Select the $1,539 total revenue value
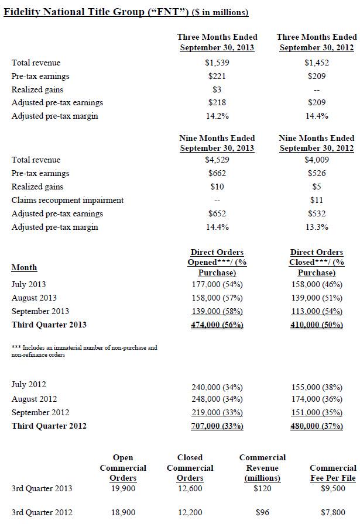217,63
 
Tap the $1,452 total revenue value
317,63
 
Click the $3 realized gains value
217,89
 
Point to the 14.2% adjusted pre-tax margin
217,116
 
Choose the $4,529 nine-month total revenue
217,160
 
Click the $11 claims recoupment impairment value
317,200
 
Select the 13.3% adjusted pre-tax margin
317,227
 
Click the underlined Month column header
24,267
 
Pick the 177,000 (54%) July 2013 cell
217,284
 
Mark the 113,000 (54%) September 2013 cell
317,311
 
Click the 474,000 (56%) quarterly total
217,325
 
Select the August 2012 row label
35,398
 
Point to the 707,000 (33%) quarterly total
217,426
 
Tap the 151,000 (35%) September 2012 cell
317,412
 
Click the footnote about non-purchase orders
84,351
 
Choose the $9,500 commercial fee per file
333,488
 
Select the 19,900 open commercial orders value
123,488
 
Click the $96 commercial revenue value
263,512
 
